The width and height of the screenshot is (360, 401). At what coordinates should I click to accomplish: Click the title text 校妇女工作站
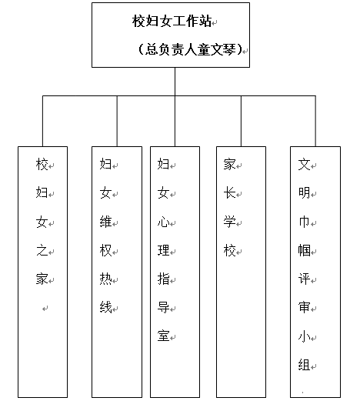coord(172,21)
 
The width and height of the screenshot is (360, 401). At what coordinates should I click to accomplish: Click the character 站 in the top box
coord(205,21)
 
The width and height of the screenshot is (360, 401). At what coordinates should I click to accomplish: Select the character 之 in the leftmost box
coord(42,250)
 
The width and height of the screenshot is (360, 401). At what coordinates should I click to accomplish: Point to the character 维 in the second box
coord(105,222)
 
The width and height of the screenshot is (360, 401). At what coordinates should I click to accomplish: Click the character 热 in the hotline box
coord(105,279)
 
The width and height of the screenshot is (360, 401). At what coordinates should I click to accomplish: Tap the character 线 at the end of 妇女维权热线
coord(105,307)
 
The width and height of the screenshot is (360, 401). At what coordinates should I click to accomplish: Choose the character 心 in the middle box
coord(164,222)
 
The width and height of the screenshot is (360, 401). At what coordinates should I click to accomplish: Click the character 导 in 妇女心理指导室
coord(164,307)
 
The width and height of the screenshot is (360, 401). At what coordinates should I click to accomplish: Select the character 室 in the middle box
coord(164,336)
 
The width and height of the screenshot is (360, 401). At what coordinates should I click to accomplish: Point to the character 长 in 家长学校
coord(229,193)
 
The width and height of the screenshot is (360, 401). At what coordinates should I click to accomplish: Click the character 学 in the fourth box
coord(229,222)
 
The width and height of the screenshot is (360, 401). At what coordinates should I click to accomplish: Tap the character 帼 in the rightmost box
coord(304,250)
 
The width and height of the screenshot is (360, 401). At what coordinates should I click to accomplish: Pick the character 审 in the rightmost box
coord(304,307)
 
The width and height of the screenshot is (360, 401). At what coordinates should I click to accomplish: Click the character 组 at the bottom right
coord(304,365)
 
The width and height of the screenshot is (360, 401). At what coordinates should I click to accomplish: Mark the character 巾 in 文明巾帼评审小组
coord(304,222)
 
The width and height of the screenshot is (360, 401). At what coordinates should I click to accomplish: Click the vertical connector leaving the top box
coord(175,82)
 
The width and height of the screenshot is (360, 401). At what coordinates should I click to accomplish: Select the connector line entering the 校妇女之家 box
coord(42,121)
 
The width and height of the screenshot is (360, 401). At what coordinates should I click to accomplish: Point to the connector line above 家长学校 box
coord(241,121)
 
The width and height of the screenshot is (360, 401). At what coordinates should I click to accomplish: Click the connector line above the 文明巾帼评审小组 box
coord(315,121)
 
